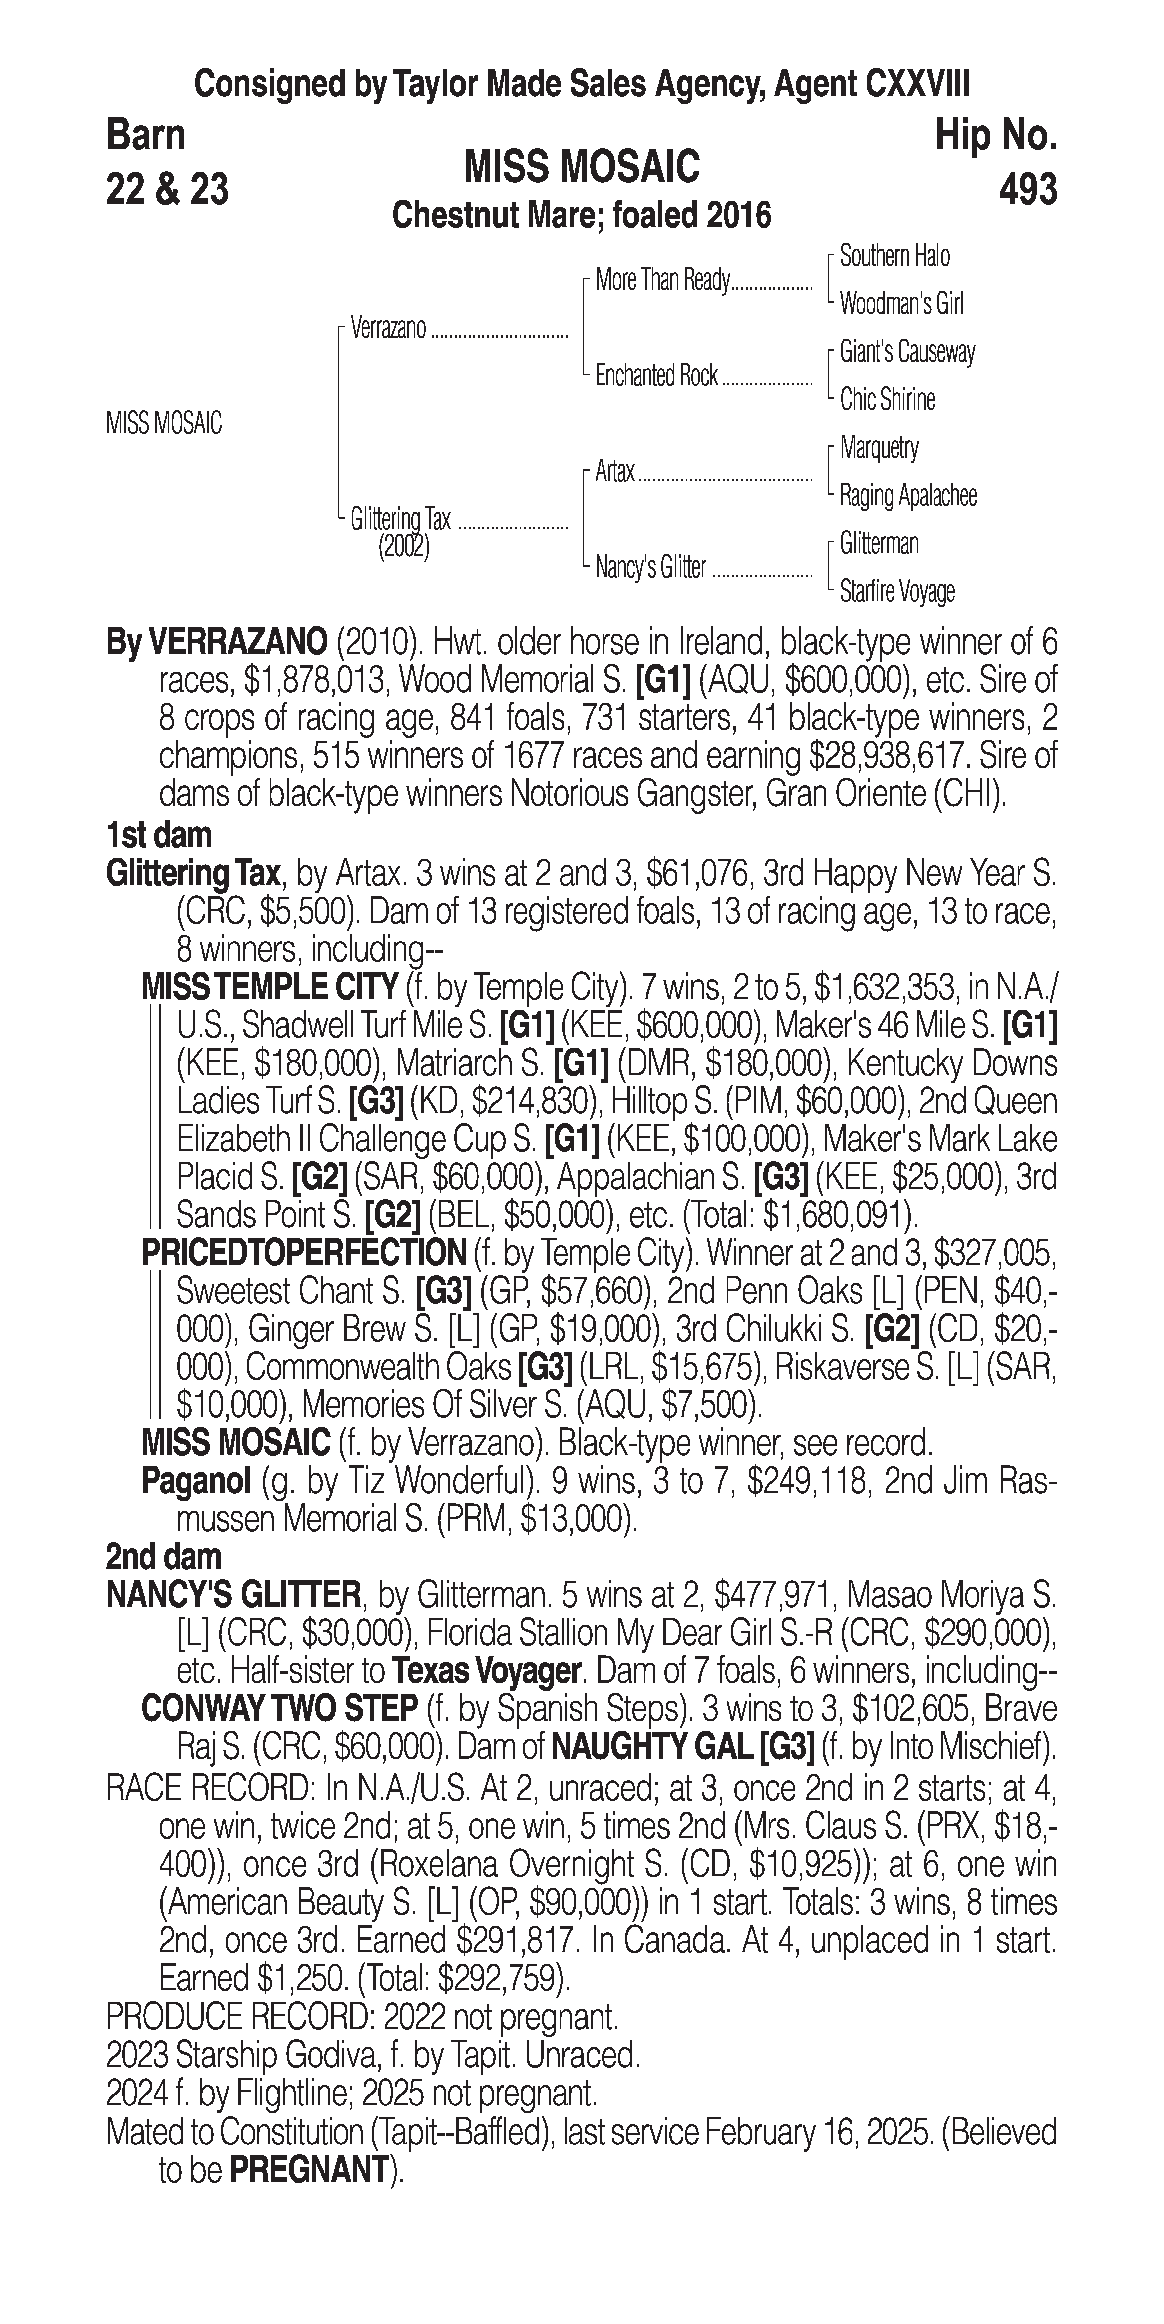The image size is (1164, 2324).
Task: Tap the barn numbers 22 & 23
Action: coord(167,189)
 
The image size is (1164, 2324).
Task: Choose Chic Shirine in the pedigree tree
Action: coord(887,400)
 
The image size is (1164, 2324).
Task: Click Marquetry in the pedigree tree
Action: coord(879,448)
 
